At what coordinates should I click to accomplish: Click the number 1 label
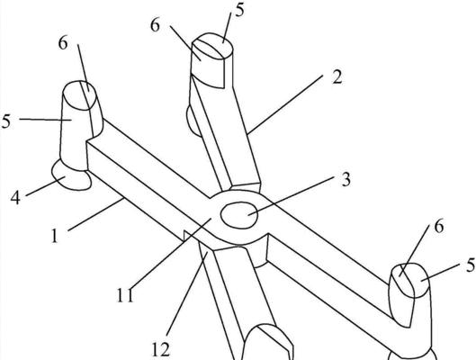pos(55,236)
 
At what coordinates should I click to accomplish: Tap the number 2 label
pos(337,76)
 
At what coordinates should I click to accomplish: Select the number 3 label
pos(346,179)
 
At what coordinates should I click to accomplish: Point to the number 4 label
pos(15,198)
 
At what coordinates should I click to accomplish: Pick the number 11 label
pos(125,295)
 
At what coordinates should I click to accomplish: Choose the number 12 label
pos(160,350)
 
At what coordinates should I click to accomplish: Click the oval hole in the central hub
pos(239,215)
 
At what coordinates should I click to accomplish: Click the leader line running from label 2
pos(284,104)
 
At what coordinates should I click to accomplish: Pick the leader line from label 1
pos(95,214)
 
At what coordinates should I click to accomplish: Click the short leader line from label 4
pos(41,188)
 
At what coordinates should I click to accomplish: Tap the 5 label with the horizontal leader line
pos(5,121)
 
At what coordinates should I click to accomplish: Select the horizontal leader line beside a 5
pos(46,120)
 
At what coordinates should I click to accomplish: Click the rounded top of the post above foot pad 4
pos(80,95)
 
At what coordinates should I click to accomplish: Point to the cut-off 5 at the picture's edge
pos(472,265)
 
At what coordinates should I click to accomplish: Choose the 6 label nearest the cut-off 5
pos(439,227)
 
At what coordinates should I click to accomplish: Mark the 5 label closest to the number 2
pos(239,11)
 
